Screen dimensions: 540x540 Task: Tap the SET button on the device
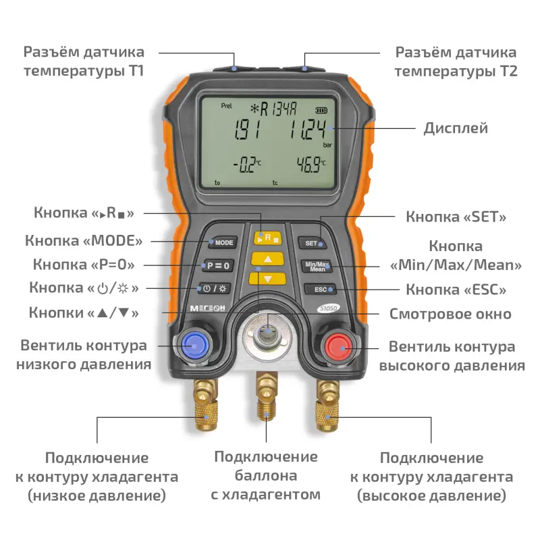pyautogui.click(x=313, y=243)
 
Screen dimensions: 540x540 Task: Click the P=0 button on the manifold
pyautogui.click(x=217, y=265)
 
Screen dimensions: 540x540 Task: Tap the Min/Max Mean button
pyautogui.click(x=317, y=266)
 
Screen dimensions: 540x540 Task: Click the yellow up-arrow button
pyautogui.click(x=267, y=259)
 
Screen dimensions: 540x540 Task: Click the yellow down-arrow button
pyautogui.click(x=267, y=279)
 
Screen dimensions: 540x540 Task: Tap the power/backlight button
pyautogui.click(x=214, y=289)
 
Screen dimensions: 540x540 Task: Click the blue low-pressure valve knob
pyautogui.click(x=195, y=345)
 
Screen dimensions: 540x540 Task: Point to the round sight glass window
pyautogui.click(x=267, y=333)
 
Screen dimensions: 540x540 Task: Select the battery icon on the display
pyautogui.click(x=321, y=110)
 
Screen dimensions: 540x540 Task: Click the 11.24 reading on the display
pyautogui.click(x=307, y=130)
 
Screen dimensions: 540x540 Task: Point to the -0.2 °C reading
pyautogui.click(x=247, y=165)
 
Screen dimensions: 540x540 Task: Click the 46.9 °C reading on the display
pyautogui.click(x=311, y=165)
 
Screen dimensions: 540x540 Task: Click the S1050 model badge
pyautogui.click(x=328, y=308)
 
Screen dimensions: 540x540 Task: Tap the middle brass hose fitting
pyautogui.click(x=267, y=396)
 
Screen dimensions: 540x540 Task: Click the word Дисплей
pyautogui.click(x=456, y=128)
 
